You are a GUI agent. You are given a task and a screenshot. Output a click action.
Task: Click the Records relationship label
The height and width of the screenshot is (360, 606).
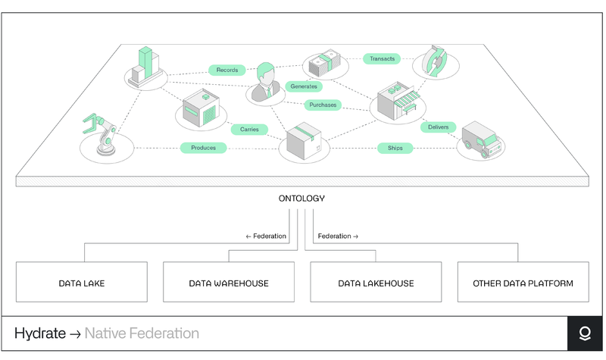[x=227, y=70]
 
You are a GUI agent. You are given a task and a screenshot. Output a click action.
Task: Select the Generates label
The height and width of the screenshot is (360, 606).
[x=304, y=86]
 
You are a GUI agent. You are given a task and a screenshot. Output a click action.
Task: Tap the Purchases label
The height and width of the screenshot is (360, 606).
[x=323, y=105]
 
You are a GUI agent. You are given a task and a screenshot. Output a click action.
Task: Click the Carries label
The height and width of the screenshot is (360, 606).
[x=249, y=130]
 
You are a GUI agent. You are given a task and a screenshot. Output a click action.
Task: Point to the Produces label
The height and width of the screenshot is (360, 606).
[x=203, y=148]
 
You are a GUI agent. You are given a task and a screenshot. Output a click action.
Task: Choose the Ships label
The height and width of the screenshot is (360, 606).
[x=395, y=148]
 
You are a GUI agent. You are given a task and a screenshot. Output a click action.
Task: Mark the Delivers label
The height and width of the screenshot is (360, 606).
[x=438, y=127]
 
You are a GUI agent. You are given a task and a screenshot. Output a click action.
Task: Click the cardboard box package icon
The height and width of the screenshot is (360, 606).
[x=303, y=141]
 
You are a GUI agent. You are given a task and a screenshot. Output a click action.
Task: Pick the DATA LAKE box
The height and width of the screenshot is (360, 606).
[x=82, y=283]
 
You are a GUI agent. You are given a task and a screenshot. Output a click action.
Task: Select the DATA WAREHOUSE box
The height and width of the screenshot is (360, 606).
[x=229, y=283]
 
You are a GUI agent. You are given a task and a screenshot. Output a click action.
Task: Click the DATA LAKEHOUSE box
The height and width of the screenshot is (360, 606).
[x=376, y=283]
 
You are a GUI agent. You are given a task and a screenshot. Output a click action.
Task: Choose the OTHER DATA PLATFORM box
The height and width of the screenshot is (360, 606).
[x=523, y=283]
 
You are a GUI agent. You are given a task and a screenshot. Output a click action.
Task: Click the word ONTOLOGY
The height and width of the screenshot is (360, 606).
[x=302, y=199]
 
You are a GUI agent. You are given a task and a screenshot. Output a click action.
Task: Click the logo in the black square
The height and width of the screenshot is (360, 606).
[x=585, y=334]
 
